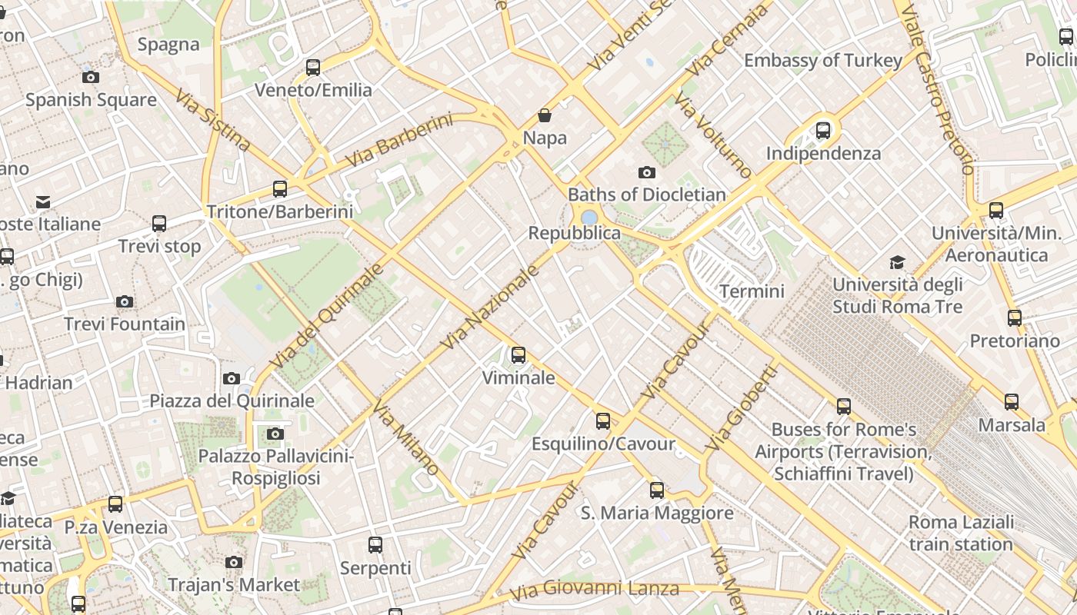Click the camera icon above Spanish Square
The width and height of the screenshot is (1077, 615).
[91, 77]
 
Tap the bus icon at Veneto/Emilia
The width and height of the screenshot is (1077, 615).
[313, 67]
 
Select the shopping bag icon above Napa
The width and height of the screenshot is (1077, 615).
[545, 115]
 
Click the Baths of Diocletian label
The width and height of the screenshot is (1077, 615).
[646, 194]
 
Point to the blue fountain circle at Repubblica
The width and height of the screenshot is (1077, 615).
[589, 218]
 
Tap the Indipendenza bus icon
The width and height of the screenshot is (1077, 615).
[823, 130]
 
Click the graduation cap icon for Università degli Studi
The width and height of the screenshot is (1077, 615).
[897, 263]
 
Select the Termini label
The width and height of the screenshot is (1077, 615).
[752, 291]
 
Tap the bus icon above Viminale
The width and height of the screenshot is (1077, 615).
[518, 354]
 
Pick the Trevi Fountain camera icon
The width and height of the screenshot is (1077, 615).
[125, 301]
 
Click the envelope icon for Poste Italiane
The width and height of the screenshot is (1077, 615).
[43, 202]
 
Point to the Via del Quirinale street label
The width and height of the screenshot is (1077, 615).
[326, 316]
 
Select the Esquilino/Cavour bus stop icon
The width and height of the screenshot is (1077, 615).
[603, 421]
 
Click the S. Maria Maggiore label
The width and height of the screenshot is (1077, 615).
[657, 513]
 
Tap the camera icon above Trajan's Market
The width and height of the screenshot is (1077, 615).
[234, 563]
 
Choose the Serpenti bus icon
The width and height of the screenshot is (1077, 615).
[375, 545]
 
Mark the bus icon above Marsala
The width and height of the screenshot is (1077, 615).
[1012, 401]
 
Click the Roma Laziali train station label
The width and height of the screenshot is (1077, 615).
[961, 534]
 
